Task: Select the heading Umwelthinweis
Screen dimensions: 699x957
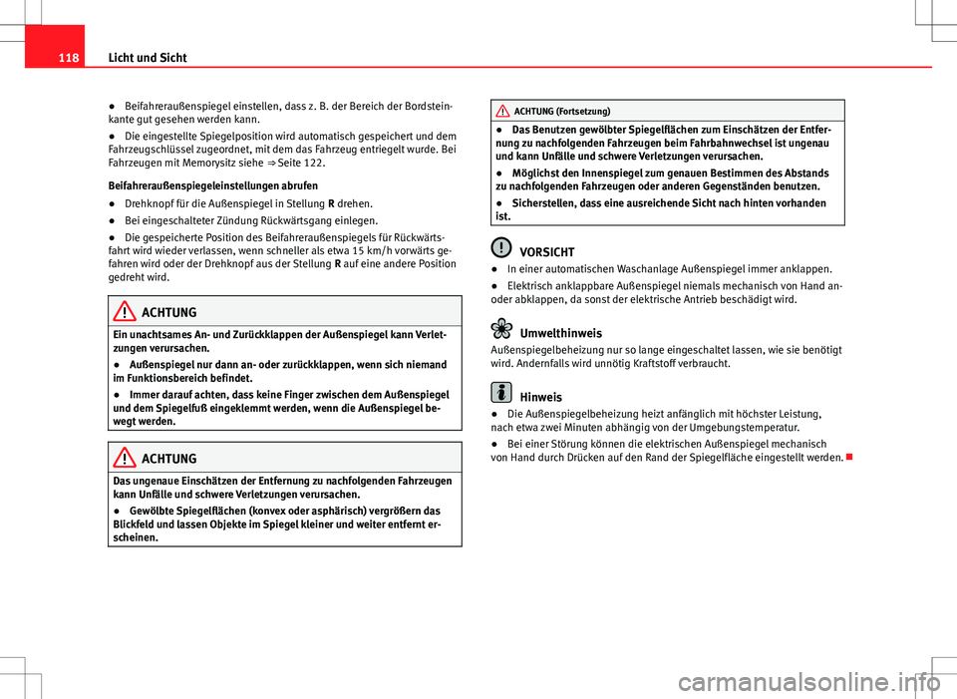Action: tap(566, 333)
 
